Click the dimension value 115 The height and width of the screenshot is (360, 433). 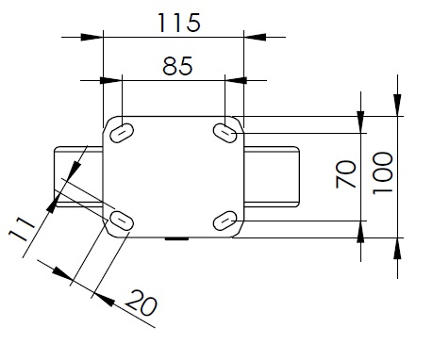[x=178, y=23]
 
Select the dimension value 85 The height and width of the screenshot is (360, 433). [x=177, y=66]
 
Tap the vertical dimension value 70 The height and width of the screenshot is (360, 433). [x=346, y=174]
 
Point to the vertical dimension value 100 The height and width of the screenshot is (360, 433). [x=383, y=172]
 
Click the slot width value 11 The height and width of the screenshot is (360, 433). [x=22, y=229]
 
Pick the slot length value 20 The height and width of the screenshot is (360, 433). [x=142, y=303]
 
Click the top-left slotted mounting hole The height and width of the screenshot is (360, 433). [x=122, y=133]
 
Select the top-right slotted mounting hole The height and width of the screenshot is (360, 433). [x=225, y=133]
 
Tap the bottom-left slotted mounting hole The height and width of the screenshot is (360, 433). [x=122, y=221]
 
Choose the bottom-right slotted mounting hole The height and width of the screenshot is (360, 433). [x=225, y=221]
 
